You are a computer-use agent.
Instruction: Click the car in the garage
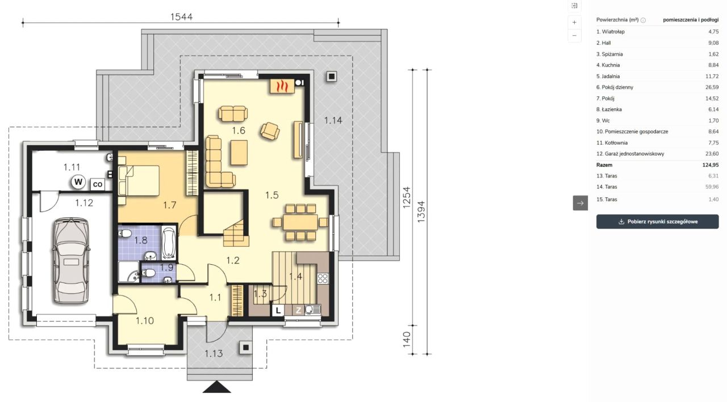pos(71,261)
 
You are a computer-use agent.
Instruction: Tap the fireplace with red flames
pos(282,86)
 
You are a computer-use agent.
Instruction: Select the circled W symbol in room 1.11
pos(78,182)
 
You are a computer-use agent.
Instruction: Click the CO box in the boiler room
pos(97,184)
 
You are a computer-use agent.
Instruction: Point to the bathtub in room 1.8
pos(169,243)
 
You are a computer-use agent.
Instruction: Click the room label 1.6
pos(238,130)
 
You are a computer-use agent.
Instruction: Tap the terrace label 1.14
pos(333,121)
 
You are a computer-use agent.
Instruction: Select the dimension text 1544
pos(181,17)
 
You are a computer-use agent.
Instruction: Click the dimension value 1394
pos(421,212)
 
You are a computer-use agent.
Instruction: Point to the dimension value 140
pos(407,340)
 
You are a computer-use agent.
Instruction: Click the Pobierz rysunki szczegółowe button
pos(657,222)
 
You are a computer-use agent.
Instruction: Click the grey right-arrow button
pos(580,203)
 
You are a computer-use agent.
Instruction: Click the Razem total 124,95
pos(711,165)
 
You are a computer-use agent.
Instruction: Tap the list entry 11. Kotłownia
pos(612,142)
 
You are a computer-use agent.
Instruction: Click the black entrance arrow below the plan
pos(217,387)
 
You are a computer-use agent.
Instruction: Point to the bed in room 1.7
pos(139,181)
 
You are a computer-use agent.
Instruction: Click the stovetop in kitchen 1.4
pos(323,278)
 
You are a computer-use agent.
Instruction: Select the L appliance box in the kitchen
pos(278,310)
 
